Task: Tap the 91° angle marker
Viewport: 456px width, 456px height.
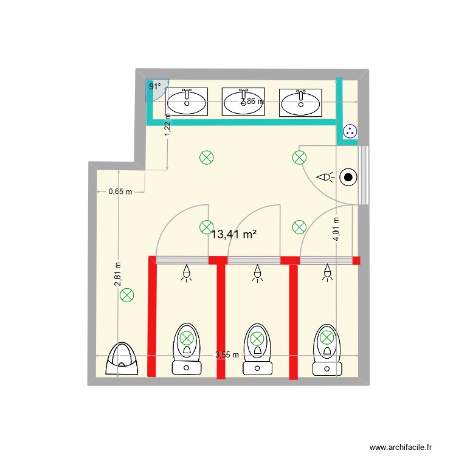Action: (x=155, y=87)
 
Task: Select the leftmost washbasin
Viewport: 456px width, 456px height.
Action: (x=187, y=102)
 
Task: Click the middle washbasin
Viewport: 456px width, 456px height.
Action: (x=243, y=102)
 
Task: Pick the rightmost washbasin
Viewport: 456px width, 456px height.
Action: (x=300, y=102)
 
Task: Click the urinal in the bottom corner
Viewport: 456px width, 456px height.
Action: (x=123, y=358)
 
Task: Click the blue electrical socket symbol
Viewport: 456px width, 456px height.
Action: (x=350, y=130)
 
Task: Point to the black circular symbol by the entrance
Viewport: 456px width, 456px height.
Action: (x=348, y=178)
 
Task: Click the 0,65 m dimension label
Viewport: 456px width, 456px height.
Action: (x=120, y=192)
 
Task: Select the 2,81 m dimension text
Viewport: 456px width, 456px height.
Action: (x=118, y=274)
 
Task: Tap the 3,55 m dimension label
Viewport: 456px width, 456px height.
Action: (x=227, y=355)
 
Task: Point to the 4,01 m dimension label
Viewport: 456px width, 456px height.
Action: (x=336, y=229)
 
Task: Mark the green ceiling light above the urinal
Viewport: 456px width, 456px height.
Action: (x=126, y=296)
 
